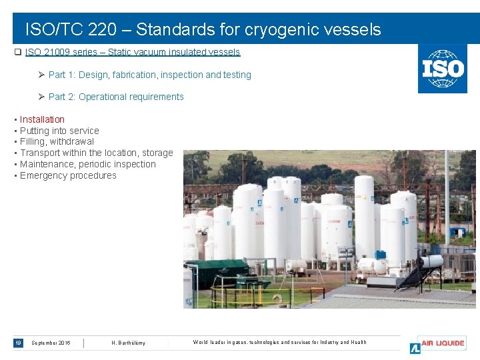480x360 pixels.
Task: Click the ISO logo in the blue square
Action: tap(442, 69)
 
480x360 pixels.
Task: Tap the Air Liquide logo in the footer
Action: tap(438, 344)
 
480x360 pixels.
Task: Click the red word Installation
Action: tap(42, 119)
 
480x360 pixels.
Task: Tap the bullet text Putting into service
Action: tap(59, 131)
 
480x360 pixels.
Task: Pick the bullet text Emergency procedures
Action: tap(68, 175)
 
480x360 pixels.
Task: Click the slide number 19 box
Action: tap(18, 343)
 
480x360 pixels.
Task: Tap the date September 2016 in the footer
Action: tap(51, 343)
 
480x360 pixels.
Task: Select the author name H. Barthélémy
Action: tap(128, 343)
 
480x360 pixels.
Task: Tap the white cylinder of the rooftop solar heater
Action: tap(433, 261)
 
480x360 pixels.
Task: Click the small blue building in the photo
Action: tap(457, 233)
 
